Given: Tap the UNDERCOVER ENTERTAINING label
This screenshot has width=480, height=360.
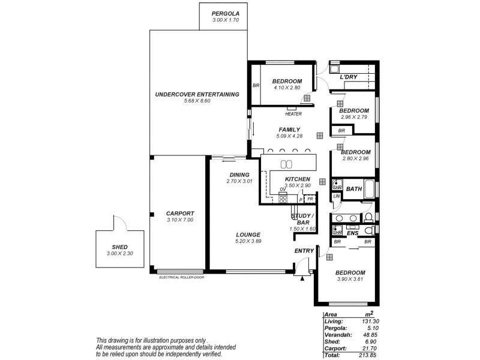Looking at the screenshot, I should click(197, 94).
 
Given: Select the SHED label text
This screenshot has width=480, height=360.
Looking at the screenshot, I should click(120, 247).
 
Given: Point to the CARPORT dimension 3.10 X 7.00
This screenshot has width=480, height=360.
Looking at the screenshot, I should click(180, 220).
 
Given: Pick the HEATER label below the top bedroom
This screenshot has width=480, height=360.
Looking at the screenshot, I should click(293, 114).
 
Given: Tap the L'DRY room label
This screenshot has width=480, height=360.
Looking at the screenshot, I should click(349, 77).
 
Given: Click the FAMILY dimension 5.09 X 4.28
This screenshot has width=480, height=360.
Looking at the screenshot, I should click(289, 136).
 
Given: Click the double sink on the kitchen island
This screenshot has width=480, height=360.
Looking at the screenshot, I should click(287, 164).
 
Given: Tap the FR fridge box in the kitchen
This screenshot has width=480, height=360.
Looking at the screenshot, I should click(311, 199).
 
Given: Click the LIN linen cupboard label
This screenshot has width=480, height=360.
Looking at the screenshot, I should click(337, 196).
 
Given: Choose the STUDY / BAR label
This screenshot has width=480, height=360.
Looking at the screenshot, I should click(302, 219).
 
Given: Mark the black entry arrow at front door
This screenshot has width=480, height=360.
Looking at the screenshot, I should click(302, 277).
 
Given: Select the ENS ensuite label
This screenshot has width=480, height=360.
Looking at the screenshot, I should click(353, 232).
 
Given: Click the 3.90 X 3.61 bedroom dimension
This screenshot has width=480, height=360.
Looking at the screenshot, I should click(351, 280).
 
